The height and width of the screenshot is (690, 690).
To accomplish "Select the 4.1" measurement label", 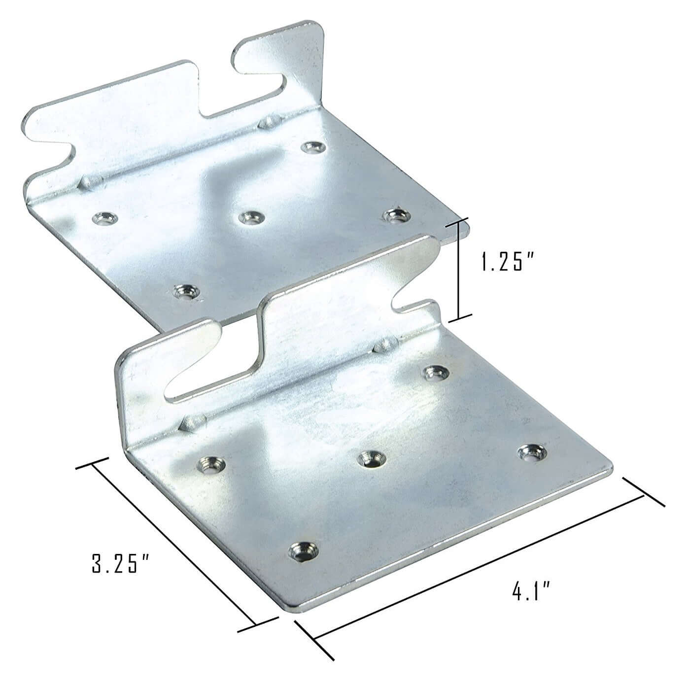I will [x=531, y=591].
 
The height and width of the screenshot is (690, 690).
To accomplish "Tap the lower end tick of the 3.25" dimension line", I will [x=256, y=626].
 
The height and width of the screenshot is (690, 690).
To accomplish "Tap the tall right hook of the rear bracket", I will [x=291, y=54].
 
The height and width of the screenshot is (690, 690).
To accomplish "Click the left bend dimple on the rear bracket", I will [x=90, y=181].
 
